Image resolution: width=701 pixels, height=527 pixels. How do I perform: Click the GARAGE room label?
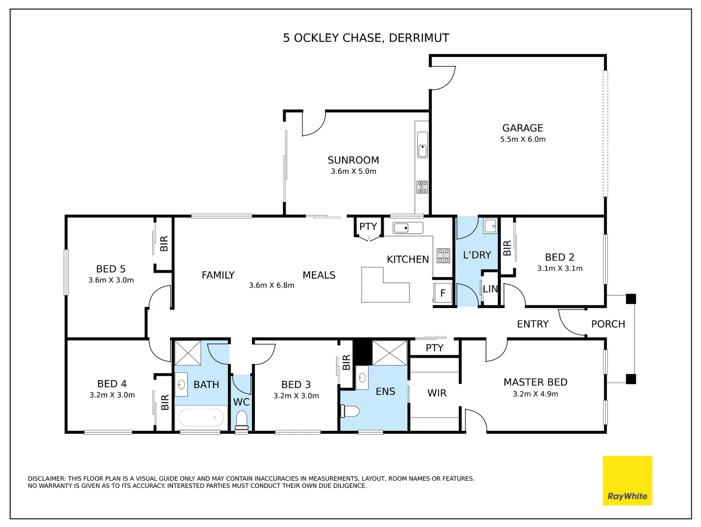pos(523,128)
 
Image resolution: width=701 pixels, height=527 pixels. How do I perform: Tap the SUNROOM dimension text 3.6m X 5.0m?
pos(353,171)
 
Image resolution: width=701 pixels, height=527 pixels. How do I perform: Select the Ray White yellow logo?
pos(627,481)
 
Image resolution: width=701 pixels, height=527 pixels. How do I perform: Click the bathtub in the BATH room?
pos(201,418)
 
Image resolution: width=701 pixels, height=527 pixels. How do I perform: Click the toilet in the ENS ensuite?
pos(350,411)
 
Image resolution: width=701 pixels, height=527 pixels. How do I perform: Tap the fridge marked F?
pos(443,292)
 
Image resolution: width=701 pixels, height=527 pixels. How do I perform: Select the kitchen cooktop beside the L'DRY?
pos(443,255)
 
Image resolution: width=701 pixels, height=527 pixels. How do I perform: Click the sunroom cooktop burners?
pos(422,187)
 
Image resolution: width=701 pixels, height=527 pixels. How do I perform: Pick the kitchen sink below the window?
pos(408,228)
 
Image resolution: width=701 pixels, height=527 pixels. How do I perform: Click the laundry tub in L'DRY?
pos(490,226)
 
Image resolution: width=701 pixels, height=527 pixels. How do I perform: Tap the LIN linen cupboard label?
pos(490,289)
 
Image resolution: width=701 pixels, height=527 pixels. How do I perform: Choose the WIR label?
pos(437,393)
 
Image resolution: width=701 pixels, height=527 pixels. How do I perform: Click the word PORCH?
pos(608,324)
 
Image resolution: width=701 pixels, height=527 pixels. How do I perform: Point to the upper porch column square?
pos(631,299)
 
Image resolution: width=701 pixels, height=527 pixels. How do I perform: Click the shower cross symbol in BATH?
pos(188,353)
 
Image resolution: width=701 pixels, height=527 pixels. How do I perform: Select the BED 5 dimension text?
pos(111,280)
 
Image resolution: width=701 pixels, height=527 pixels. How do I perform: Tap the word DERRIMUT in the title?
pos(419,38)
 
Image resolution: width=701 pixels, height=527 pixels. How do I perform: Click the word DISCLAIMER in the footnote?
pos(47,479)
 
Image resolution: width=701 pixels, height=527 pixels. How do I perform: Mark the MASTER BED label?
pos(535,382)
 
